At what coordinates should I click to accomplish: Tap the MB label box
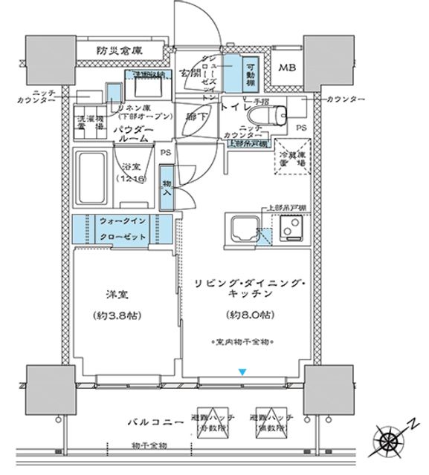click(x=286, y=68)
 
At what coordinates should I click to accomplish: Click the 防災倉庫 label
click(x=120, y=50)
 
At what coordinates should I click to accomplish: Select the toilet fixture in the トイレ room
click(x=268, y=116)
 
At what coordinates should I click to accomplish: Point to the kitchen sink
click(x=242, y=229)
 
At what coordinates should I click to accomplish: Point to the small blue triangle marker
click(x=241, y=372)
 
